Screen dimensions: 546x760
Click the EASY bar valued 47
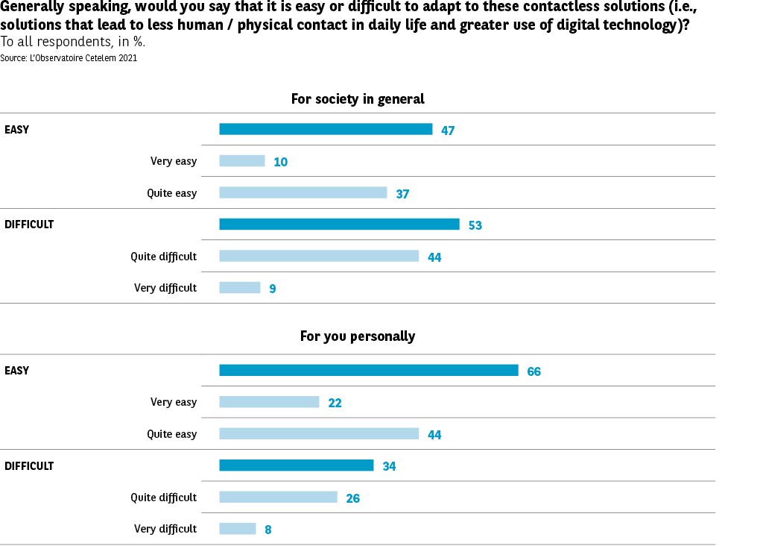326,129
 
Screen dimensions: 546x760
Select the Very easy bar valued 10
242,161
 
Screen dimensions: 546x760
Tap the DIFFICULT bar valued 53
339,225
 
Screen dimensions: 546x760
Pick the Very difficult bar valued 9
240,288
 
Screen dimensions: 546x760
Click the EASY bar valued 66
369,370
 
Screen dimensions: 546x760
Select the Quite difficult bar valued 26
278,498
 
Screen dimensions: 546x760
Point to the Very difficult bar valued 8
238,529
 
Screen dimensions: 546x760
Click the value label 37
403,194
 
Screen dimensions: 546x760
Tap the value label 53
475,225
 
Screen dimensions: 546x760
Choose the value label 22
335,403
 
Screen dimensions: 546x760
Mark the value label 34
389,466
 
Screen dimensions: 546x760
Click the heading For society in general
358,99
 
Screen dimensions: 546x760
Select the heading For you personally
358,336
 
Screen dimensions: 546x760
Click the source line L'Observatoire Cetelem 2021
69,57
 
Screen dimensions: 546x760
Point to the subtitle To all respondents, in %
72,42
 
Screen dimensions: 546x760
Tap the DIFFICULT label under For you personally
29,466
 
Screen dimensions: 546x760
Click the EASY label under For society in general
17,130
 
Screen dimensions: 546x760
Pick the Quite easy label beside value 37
172,193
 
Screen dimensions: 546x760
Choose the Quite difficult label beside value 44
164,257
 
